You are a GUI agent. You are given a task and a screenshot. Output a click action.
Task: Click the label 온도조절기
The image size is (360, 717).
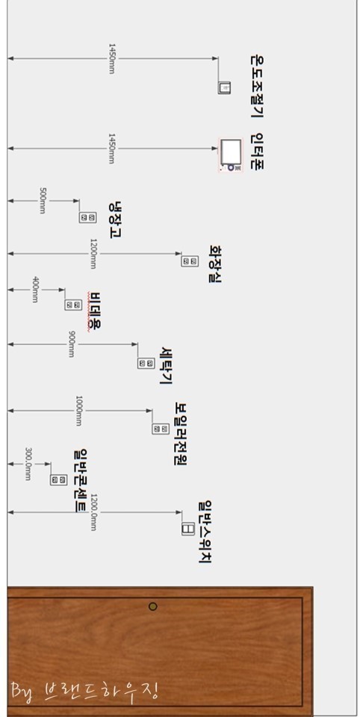pos(257,87)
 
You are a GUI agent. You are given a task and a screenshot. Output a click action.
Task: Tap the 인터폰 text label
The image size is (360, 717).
pos(257,152)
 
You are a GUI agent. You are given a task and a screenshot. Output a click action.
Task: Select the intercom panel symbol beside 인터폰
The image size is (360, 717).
pos(231,155)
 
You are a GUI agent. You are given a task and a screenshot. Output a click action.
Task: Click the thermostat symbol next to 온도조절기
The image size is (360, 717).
pos(225,87)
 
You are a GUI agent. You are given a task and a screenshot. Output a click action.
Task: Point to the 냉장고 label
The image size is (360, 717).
pos(116,220)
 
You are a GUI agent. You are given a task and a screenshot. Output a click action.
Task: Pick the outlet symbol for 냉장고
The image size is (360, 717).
pos(88,217)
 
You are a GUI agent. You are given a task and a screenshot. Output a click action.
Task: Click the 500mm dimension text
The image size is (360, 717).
pos(42,201)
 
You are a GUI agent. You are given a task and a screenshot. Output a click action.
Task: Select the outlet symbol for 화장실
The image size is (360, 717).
pos(190,261)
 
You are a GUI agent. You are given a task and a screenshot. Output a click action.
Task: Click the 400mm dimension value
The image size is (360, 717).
pos(35,289)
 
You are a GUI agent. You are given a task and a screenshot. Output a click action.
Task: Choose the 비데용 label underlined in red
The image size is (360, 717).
pos(96,311)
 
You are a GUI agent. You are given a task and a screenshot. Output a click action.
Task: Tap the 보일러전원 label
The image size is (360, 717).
pos(181,433)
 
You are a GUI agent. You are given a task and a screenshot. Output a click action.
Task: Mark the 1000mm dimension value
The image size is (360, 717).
pos(79,411)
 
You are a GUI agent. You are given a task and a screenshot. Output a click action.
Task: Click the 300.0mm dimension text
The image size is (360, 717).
pos(28,464)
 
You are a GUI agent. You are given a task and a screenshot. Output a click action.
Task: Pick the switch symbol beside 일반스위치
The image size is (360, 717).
pos(187,528)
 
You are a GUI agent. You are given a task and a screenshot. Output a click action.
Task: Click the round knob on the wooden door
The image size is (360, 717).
pos(153,606)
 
